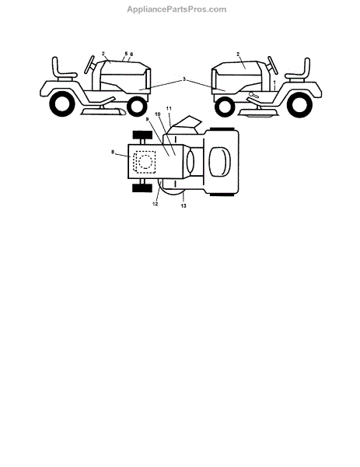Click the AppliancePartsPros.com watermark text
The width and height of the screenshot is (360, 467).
(177, 9)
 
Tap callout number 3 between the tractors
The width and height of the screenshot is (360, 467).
(184, 79)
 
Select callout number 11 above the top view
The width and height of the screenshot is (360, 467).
(169, 109)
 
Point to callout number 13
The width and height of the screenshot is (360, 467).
(183, 205)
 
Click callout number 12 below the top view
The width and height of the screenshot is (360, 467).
(155, 204)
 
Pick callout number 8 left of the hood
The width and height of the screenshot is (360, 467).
(113, 153)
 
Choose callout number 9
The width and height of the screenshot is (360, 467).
(147, 119)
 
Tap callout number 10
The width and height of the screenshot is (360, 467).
(158, 114)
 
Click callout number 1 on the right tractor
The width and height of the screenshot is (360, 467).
(274, 82)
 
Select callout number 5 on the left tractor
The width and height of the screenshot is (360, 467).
(126, 54)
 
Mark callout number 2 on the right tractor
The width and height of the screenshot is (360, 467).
(238, 54)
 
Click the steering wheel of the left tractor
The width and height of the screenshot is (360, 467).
(89, 65)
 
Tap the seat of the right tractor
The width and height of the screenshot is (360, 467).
(299, 71)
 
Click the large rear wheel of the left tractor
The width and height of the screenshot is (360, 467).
(62, 104)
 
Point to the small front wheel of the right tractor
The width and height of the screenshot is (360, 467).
(225, 107)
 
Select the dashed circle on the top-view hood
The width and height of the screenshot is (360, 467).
(145, 163)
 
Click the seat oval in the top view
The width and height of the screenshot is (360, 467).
(219, 162)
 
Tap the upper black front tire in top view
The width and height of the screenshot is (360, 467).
(142, 135)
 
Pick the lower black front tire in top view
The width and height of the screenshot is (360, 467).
(142, 188)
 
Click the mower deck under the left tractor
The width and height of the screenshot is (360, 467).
(103, 112)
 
